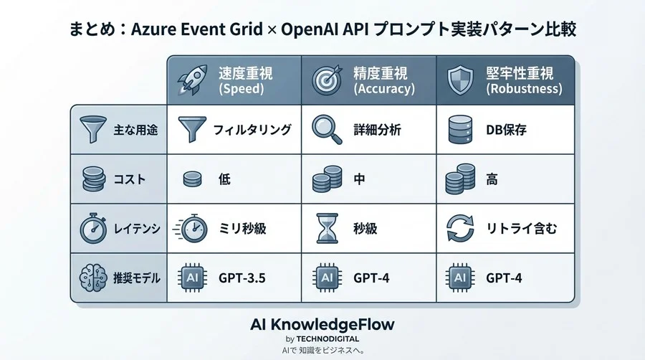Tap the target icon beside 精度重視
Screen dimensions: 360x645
tap(327, 80)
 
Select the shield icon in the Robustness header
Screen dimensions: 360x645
tap(459, 80)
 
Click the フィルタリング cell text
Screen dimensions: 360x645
tap(252, 130)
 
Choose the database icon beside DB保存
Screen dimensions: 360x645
tap(459, 130)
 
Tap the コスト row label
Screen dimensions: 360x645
tap(129, 179)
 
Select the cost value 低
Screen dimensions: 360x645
tap(224, 179)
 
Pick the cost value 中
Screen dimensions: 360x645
tap(360, 179)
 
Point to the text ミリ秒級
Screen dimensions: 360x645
tap(242, 229)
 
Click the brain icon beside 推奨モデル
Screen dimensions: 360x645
tap(92, 277)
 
